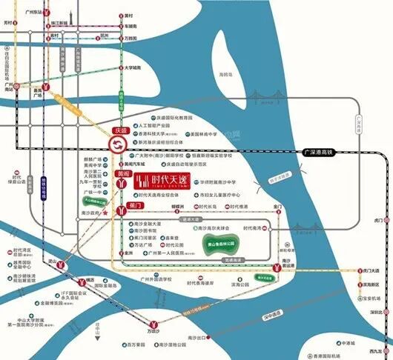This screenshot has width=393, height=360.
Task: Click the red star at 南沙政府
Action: tap(107, 213)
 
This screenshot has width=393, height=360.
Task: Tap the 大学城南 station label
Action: tap(133, 67)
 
